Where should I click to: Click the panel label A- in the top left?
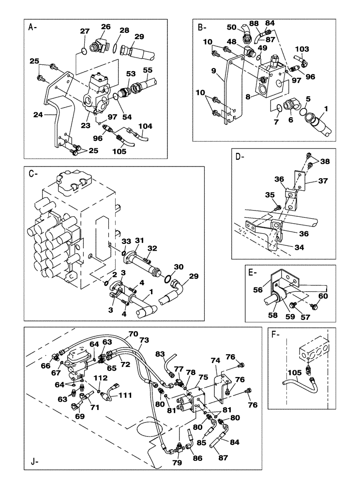[x=32, y=27]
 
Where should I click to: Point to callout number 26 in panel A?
[x=105, y=27]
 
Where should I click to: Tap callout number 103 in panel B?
[x=301, y=49]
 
